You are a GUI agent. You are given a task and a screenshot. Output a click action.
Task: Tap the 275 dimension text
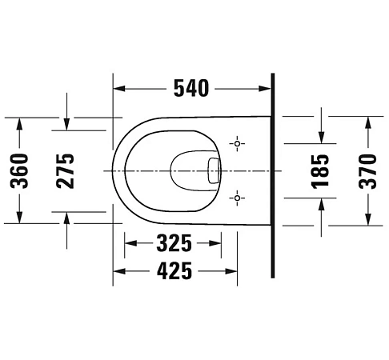pos(66,170)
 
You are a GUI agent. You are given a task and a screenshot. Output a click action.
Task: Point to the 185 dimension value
pos(321,170)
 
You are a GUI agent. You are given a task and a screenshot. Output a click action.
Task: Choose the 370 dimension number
pos(367,170)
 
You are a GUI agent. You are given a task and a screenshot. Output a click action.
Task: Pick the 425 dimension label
pos(173,271)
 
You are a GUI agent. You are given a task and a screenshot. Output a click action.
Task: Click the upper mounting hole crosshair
pos(237,144)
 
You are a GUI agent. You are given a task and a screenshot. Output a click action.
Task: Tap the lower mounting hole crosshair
pos(237,196)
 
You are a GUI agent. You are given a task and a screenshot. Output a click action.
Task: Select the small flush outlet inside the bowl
pos(213,170)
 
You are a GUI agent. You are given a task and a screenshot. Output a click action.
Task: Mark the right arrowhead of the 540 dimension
pos(267,87)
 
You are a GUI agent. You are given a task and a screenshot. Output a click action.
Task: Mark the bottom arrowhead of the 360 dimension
pos(20,220)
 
